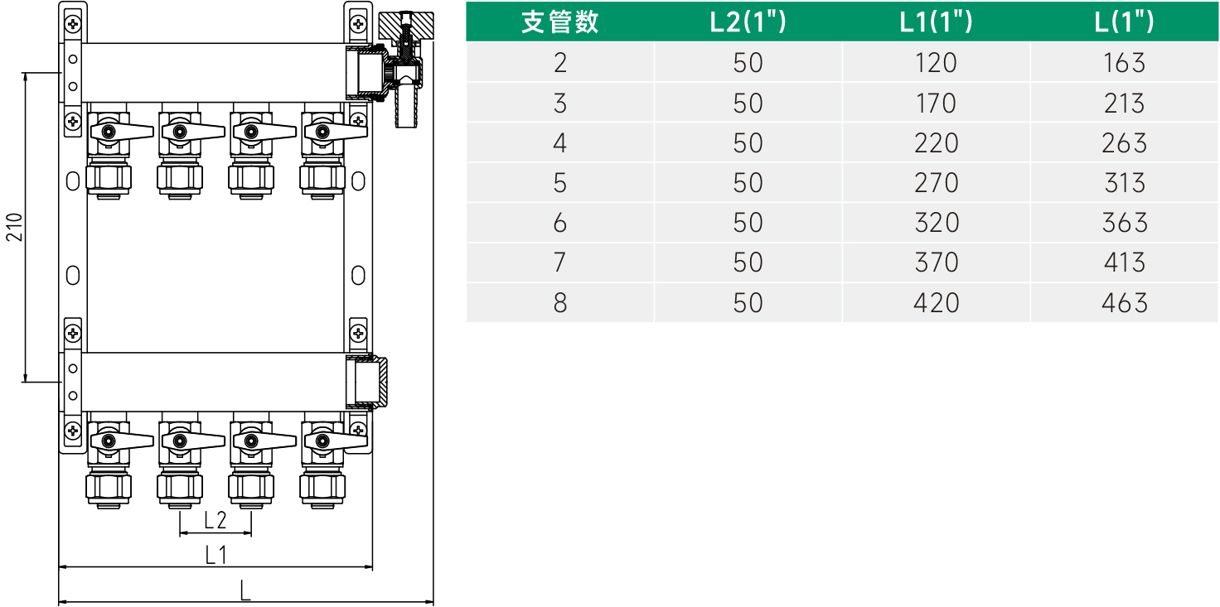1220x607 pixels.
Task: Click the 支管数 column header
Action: pos(559,22)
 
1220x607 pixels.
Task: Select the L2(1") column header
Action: pos(748,22)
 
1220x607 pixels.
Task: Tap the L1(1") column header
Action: pos(936,22)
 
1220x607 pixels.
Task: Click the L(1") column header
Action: pos(1124,22)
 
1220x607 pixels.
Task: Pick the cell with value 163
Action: pos(1124,63)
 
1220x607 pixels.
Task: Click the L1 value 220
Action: pos(936,143)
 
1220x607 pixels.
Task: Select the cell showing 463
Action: pos(1124,302)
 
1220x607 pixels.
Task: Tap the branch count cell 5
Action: pos(559,183)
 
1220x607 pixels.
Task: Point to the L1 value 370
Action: pos(936,263)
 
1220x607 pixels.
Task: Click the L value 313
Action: pos(1124,183)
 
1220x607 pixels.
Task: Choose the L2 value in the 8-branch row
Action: pos(748,302)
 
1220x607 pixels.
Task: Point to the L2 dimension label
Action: pos(215,520)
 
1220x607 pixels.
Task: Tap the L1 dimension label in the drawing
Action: pos(215,555)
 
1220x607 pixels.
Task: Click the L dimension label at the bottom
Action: pos(245,590)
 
